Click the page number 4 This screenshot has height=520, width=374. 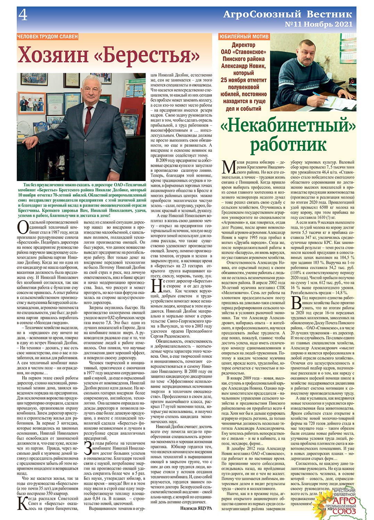click(x=23, y=15)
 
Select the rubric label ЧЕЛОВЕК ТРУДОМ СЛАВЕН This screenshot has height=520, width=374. click(x=48, y=36)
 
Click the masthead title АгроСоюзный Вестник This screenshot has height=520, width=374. click(x=288, y=14)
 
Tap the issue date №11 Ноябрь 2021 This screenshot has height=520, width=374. click(x=318, y=24)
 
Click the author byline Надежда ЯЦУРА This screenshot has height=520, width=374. click(x=196, y=508)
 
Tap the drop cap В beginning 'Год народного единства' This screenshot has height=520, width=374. click(x=296, y=302)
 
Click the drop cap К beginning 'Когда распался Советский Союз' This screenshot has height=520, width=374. click(x=23, y=504)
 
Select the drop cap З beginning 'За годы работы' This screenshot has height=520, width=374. click(x=88, y=448)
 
